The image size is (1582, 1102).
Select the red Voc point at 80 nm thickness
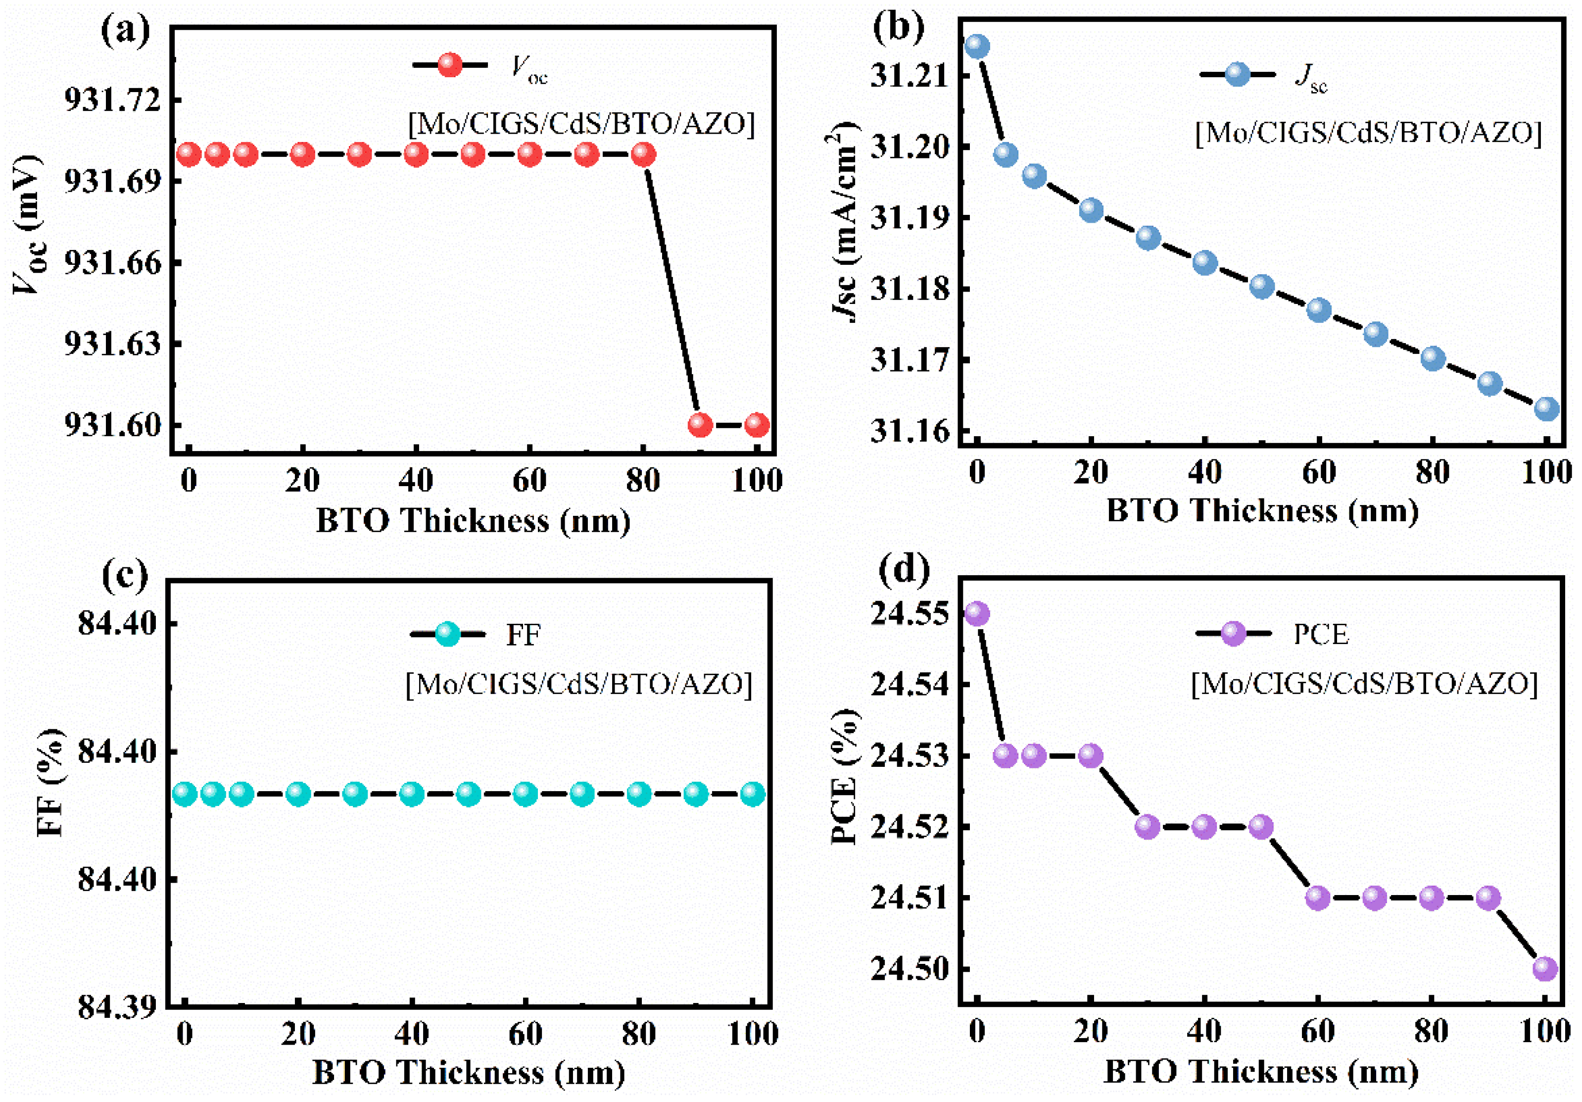(x=643, y=154)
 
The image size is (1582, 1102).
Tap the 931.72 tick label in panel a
(x=112, y=100)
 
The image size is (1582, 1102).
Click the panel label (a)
(x=125, y=31)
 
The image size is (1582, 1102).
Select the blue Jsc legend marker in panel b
(x=1238, y=74)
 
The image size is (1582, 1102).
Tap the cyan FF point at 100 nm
(x=753, y=794)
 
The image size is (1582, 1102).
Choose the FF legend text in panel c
(x=523, y=635)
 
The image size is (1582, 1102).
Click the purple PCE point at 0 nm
(x=977, y=613)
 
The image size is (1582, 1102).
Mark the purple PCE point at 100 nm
(x=1545, y=969)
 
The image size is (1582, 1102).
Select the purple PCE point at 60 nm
(x=1317, y=898)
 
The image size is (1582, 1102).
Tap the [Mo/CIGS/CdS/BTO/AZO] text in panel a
(x=581, y=125)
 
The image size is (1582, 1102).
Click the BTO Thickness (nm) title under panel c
(x=469, y=1072)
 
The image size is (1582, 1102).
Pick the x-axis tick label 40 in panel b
(x=1204, y=473)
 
